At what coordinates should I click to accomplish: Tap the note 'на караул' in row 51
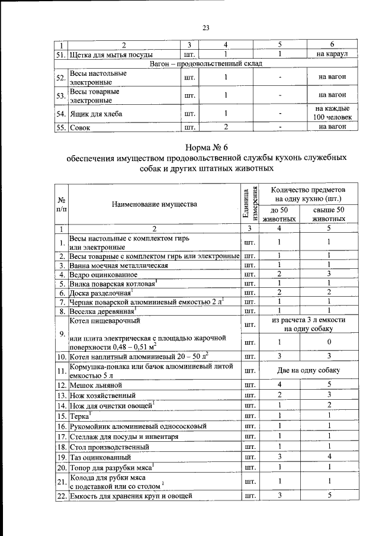tap(332, 54)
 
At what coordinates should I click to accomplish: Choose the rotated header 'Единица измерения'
tap(249, 201)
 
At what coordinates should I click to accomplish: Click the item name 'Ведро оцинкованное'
tap(104, 275)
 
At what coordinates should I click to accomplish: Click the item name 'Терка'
tap(82, 417)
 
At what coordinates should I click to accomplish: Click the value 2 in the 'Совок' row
tap(226, 127)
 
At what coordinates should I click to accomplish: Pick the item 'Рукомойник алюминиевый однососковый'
tap(137, 426)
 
